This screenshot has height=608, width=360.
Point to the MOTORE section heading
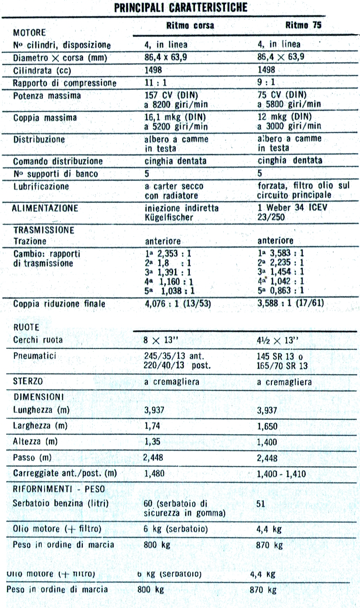(x=29, y=32)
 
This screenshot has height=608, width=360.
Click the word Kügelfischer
(x=169, y=217)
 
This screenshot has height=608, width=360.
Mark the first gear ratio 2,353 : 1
(x=168, y=253)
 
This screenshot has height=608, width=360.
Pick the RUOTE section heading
(x=26, y=327)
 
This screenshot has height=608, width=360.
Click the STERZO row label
(x=28, y=381)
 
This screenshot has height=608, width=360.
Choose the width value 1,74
(x=153, y=425)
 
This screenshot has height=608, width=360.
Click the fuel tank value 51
(x=261, y=504)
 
